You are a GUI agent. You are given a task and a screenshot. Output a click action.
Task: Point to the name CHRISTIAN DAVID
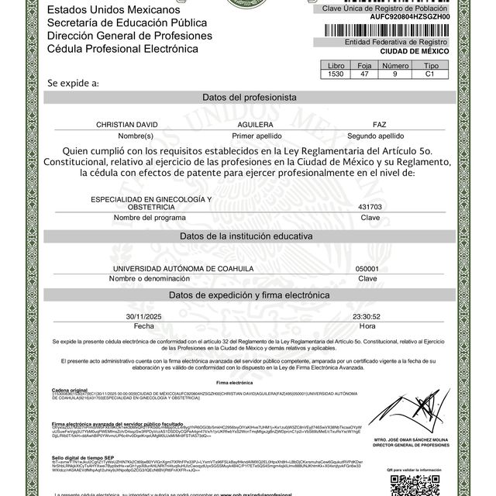click(126, 125)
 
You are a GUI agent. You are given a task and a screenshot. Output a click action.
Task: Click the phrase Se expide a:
click(73, 81)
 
